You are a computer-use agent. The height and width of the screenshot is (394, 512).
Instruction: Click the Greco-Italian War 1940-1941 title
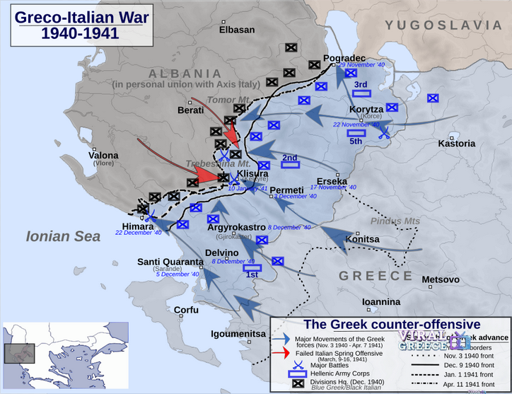67,25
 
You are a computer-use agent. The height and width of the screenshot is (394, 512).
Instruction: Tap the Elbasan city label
237,30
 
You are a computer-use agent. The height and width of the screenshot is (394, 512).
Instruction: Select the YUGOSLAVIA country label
443,25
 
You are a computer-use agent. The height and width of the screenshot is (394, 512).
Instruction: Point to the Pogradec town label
344,58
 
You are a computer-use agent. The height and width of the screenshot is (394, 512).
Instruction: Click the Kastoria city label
456,144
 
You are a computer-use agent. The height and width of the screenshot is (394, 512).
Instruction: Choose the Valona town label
103,156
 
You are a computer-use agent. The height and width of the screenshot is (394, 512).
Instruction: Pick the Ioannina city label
381,302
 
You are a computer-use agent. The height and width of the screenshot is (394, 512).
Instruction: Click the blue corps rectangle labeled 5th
356,132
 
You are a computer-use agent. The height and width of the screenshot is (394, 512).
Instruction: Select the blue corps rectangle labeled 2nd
290,166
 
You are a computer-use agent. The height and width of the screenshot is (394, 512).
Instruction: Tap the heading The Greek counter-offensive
391,324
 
